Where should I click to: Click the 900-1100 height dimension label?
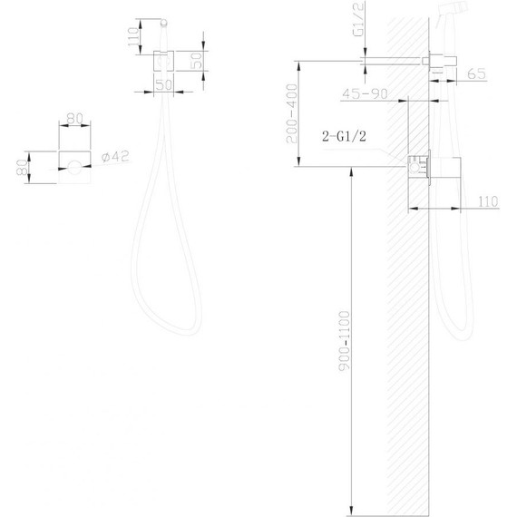pos(345,341)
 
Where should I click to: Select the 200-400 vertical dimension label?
pos(292,113)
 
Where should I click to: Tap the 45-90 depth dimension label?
pos(365,94)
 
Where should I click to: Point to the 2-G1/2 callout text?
pos(344,136)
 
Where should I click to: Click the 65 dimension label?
pos(476,73)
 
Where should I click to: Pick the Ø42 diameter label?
pos(115,156)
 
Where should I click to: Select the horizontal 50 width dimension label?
pos(164,85)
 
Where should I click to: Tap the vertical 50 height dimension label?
pos(197,61)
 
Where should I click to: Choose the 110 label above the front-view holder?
pos(133,37)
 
